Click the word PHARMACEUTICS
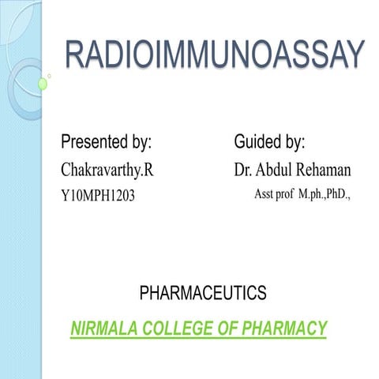(203, 294)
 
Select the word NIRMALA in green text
(99, 328)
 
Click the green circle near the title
(43, 83)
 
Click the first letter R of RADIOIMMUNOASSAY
(76, 54)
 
